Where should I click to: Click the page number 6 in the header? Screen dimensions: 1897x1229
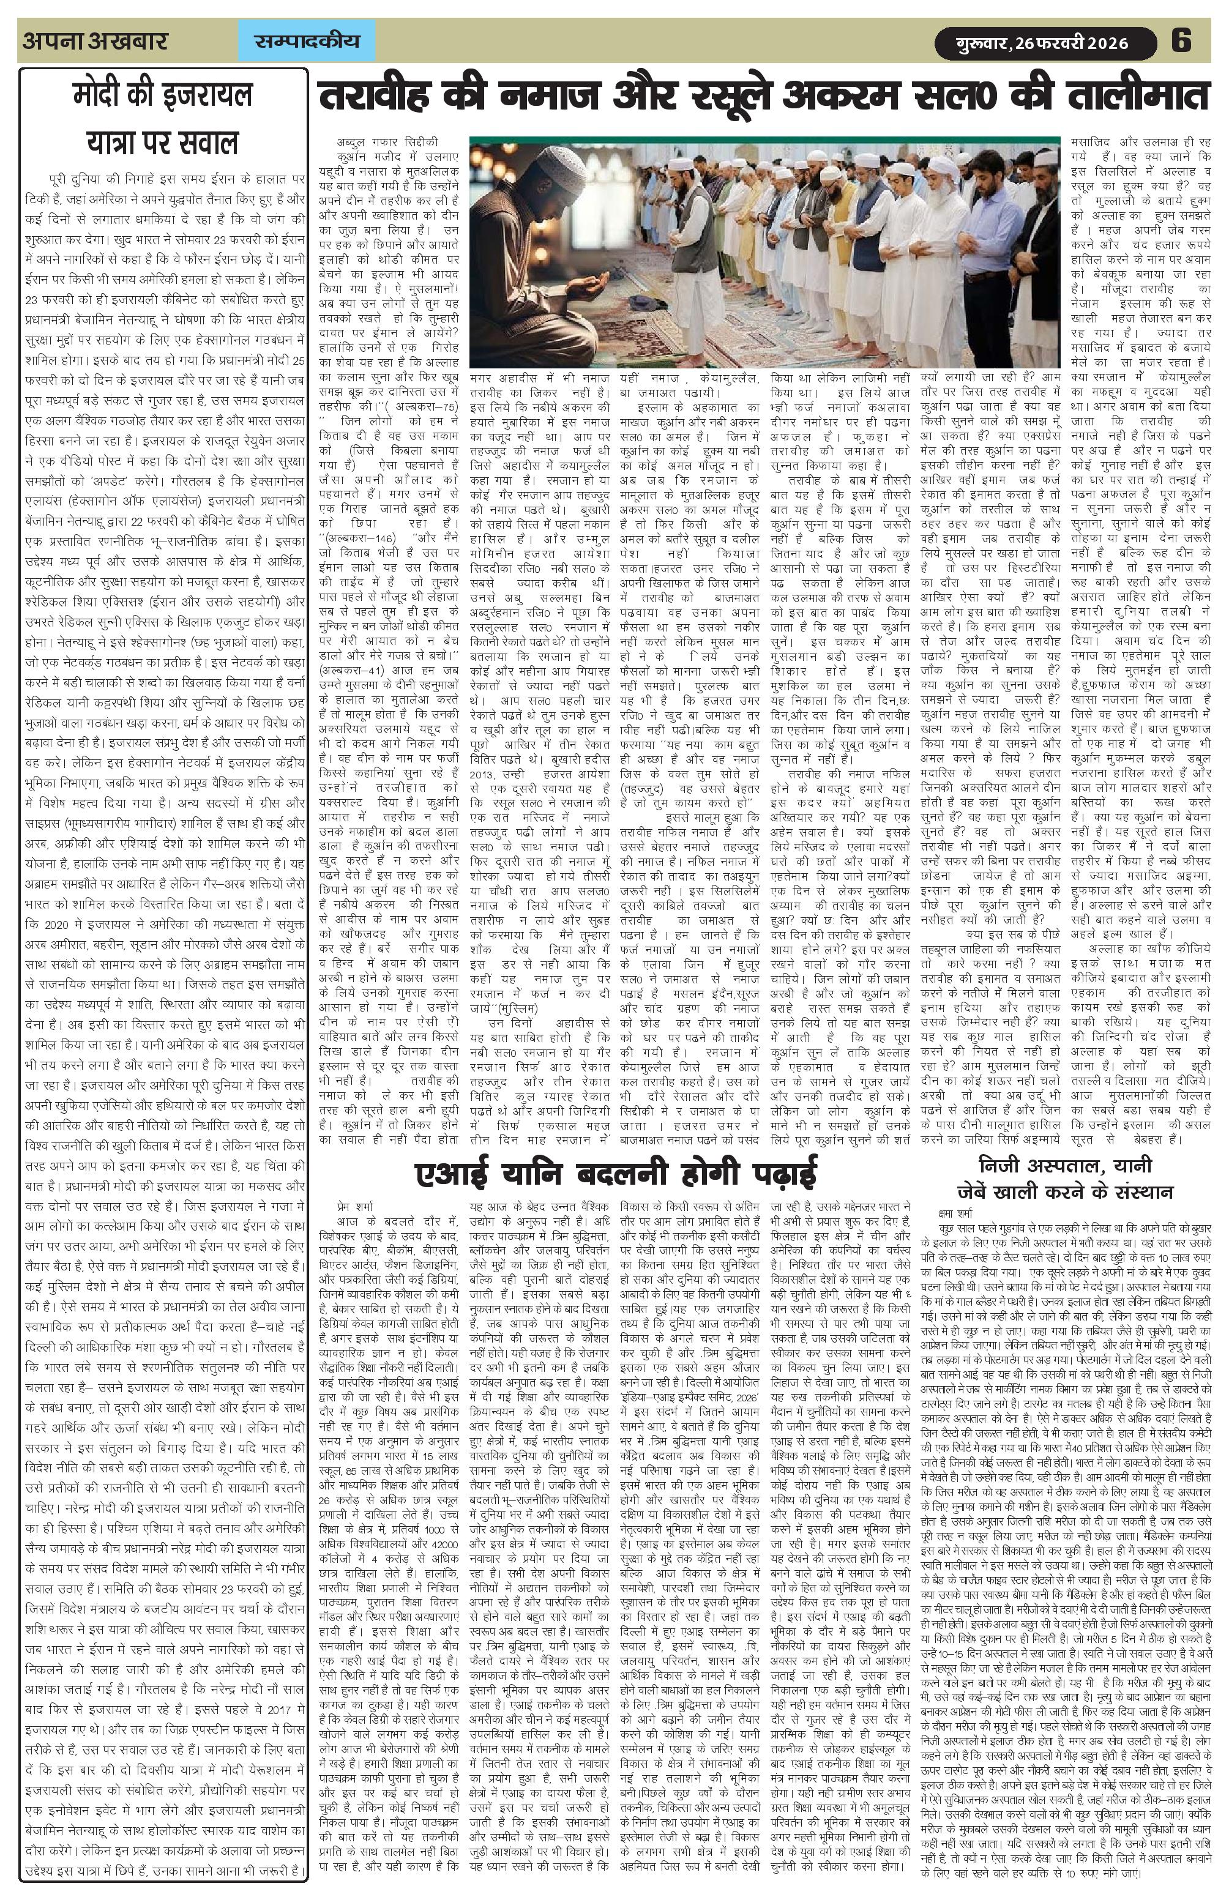click(1181, 40)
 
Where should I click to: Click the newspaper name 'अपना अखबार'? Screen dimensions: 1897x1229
click(95, 40)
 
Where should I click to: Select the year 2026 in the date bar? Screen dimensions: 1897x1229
click(1104, 42)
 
